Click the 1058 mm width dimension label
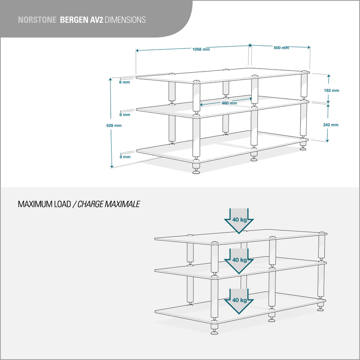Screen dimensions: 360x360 pyautogui.click(x=201, y=49)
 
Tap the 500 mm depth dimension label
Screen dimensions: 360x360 pyautogui.click(x=281, y=48)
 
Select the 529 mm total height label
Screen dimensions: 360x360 pyautogui.click(x=114, y=125)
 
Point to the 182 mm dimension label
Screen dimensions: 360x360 pyautogui.click(x=332, y=90)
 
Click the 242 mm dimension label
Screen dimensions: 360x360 pyautogui.click(x=331, y=125)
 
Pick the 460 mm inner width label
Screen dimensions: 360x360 pyautogui.click(x=229, y=103)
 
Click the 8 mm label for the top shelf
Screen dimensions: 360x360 pyautogui.click(x=124, y=82)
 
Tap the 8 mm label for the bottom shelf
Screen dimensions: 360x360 pyautogui.click(x=124, y=157)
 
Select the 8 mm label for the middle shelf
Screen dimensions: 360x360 pyautogui.click(x=124, y=114)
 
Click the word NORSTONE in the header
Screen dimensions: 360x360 pyautogui.click(x=37, y=20)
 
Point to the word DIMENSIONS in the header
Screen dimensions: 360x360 pyautogui.click(x=125, y=20)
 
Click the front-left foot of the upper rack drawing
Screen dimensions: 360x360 pyautogui.click(x=196, y=170)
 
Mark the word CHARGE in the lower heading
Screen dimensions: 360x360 pyautogui.click(x=90, y=205)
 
